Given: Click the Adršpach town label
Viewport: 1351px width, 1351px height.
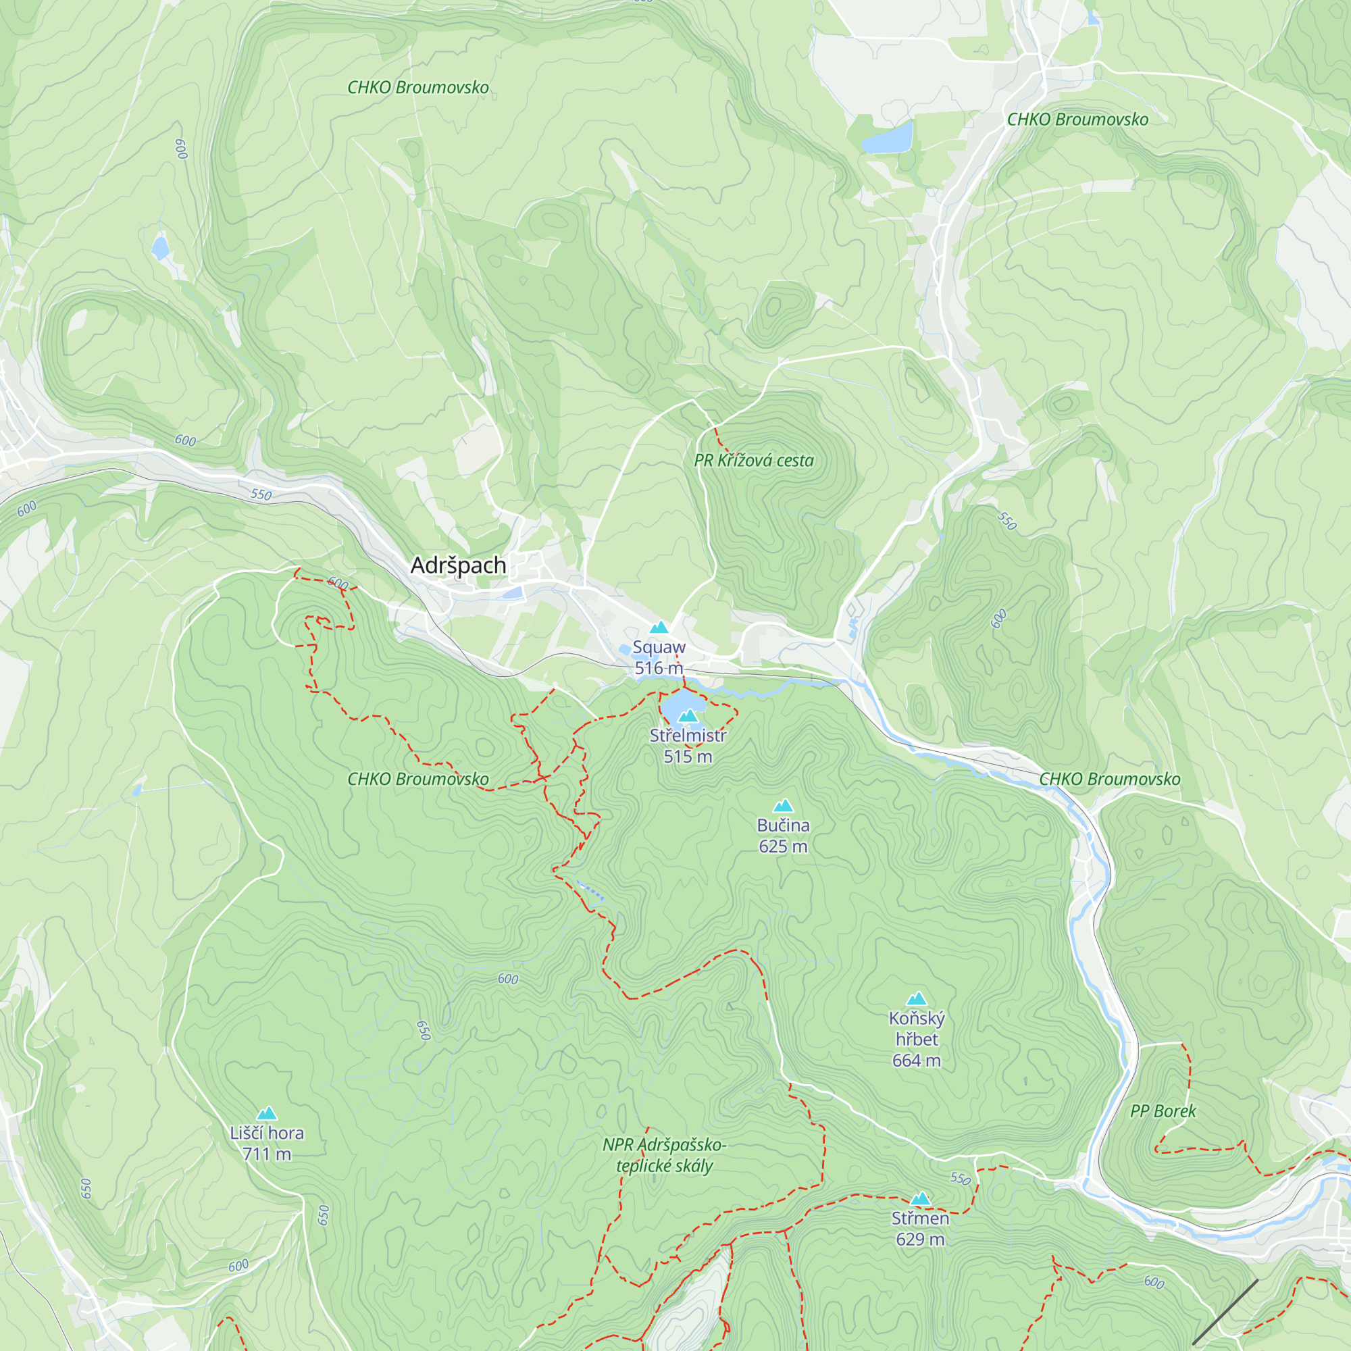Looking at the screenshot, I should pos(458,565).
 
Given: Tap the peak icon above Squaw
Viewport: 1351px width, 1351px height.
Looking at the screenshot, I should pos(659,628).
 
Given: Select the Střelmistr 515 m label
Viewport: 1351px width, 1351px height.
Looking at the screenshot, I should pos(688,746).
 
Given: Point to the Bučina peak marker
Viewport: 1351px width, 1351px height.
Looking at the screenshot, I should pos(783,806).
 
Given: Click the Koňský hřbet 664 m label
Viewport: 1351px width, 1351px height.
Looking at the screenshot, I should pos(916,1039).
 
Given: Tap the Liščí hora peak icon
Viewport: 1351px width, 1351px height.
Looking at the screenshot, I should pos(266,1113).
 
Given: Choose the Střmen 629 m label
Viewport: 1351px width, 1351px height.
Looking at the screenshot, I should pos(919,1229).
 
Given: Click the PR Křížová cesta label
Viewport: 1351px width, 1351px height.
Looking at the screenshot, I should pos(754,461).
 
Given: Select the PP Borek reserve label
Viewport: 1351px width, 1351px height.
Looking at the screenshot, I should pos(1163,1111).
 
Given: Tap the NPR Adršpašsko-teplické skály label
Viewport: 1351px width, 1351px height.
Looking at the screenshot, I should pos(664,1155).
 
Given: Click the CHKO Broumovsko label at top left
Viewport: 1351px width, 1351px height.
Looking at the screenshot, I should pos(418,87).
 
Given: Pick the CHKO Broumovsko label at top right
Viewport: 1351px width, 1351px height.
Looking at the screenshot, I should pos(1077,120).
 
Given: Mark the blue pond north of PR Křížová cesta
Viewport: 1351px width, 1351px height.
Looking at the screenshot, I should pos(887,137).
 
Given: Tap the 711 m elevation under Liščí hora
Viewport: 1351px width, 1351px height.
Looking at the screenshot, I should pos(266,1154).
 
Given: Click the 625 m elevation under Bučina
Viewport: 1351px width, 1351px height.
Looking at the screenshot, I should pos(783,846).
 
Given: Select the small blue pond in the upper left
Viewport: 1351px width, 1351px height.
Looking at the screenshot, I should pos(160,247).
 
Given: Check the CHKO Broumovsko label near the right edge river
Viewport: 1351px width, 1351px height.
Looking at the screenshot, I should pos(1109,779).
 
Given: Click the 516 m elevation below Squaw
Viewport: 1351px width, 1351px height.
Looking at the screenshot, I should pos(658,668).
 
